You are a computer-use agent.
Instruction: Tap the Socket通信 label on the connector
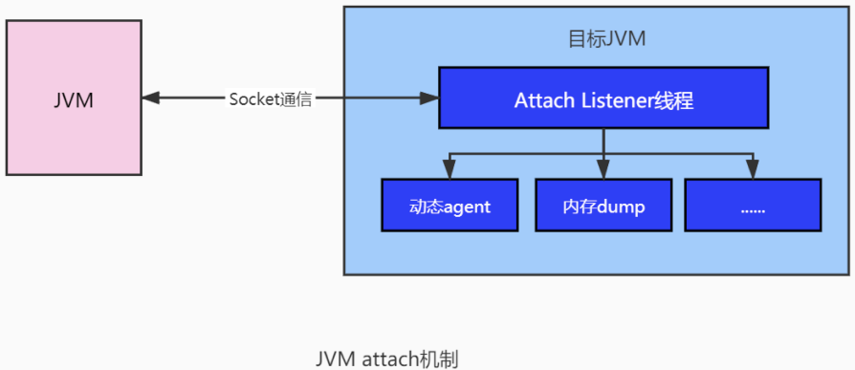(x=271, y=98)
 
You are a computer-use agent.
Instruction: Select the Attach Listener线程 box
(x=603, y=98)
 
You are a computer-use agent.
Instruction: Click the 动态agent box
(x=449, y=205)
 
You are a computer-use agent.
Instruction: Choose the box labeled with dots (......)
(x=753, y=205)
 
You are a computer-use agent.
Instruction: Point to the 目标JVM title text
(x=607, y=39)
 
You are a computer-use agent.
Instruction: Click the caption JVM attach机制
(x=387, y=359)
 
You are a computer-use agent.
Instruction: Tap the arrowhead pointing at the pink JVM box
(x=150, y=98)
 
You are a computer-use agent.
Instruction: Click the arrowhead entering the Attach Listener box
(x=430, y=98)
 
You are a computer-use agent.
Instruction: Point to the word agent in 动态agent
(x=467, y=206)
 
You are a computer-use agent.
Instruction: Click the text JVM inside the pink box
(x=74, y=99)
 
